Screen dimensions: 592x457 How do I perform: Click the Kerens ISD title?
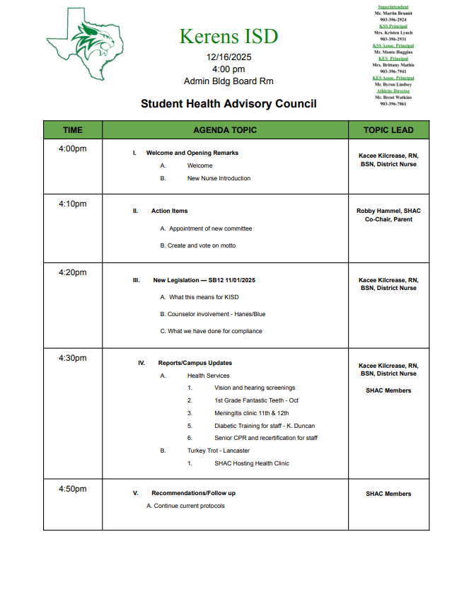[228, 36]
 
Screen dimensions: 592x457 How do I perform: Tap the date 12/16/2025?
[228, 57]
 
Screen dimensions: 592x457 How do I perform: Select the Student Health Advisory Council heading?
[228, 104]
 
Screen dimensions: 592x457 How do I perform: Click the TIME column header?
[72, 130]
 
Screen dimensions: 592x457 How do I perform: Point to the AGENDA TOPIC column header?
[225, 130]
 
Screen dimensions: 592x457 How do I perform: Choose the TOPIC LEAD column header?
[388, 130]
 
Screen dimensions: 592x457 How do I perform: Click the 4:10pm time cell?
[72, 204]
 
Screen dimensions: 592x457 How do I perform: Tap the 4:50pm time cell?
[72, 489]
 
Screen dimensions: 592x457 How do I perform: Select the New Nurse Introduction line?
[219, 178]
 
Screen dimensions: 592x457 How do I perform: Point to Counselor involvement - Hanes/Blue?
[213, 314]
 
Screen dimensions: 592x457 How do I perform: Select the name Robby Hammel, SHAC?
[388, 211]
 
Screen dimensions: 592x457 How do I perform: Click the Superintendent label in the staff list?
[393, 6]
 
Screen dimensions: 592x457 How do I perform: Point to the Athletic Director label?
[393, 91]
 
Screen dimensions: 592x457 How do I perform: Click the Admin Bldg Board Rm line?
[228, 81]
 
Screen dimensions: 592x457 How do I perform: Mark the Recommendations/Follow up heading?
[193, 493]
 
